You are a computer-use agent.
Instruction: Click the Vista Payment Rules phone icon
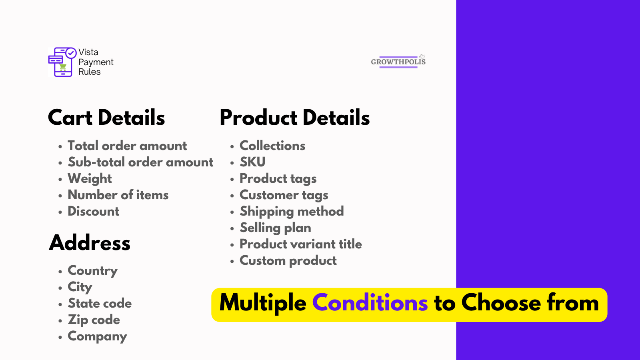[62, 62]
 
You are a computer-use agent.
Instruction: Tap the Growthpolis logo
[398, 61]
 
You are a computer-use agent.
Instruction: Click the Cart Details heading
[106, 118]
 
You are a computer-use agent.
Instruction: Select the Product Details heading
[294, 118]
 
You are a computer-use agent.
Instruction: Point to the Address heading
[90, 242]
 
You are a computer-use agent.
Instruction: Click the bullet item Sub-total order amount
[140, 162]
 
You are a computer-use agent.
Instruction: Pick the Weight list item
[90, 179]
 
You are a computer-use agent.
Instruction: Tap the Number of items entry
[118, 195]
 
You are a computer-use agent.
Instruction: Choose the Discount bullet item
[94, 211]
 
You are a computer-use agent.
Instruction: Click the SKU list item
[252, 162]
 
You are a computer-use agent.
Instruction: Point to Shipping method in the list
[292, 212]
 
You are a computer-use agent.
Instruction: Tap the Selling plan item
[275, 228]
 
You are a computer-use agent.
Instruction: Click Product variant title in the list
[300, 244]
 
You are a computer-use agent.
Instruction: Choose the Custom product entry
[288, 261]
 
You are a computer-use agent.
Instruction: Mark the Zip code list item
[94, 320]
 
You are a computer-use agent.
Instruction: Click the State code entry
[100, 303]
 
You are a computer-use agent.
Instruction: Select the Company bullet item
[97, 336]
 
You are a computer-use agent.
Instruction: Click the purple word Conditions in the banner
[370, 302]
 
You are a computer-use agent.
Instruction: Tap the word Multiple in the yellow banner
[263, 304]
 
